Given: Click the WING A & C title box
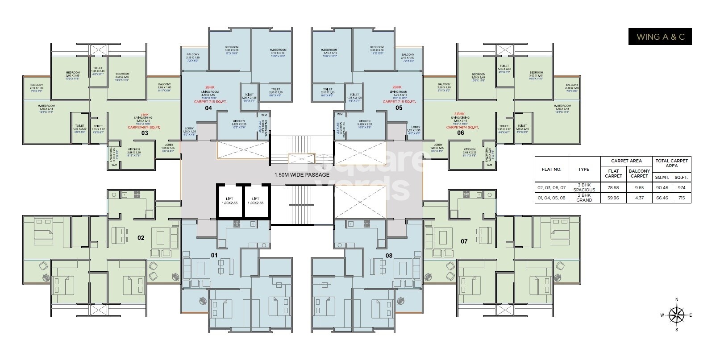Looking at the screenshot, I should (660, 37).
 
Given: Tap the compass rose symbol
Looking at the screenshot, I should (677, 315).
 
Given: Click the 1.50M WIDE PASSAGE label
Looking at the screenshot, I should (302, 175).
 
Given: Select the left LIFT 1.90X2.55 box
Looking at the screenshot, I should (230, 201).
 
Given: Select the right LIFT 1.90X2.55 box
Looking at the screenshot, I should (256, 201).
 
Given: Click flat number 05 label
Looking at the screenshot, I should (399, 108).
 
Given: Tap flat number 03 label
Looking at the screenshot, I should (145, 133).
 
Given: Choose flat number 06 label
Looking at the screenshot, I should (460, 133).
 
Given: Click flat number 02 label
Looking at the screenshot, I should (141, 238).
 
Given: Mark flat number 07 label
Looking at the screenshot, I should (464, 241).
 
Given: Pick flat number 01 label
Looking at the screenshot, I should (214, 255).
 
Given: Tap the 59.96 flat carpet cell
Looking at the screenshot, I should (613, 198).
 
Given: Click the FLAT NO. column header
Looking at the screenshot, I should (551, 170).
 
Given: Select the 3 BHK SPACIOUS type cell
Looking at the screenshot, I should (583, 187).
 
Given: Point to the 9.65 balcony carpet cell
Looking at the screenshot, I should (639, 187).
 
